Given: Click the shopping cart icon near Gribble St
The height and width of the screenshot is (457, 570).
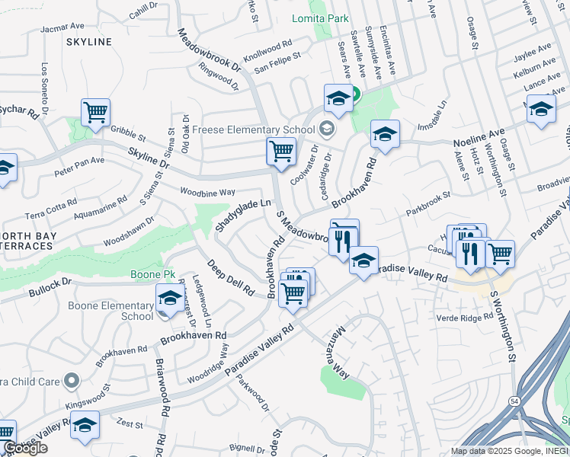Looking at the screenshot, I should tap(96, 113).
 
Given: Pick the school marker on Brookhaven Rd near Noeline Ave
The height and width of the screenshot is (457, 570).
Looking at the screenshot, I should tap(386, 135).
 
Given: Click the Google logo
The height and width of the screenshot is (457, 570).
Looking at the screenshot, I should tap(24, 449).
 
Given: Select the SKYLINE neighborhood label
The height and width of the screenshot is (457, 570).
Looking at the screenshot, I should tap(88, 42).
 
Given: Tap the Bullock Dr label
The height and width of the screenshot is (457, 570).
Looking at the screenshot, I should tap(50, 288).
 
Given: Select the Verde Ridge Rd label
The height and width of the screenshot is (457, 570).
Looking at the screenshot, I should tap(466, 317).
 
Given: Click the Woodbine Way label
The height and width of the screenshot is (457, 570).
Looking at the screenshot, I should tap(207, 191).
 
